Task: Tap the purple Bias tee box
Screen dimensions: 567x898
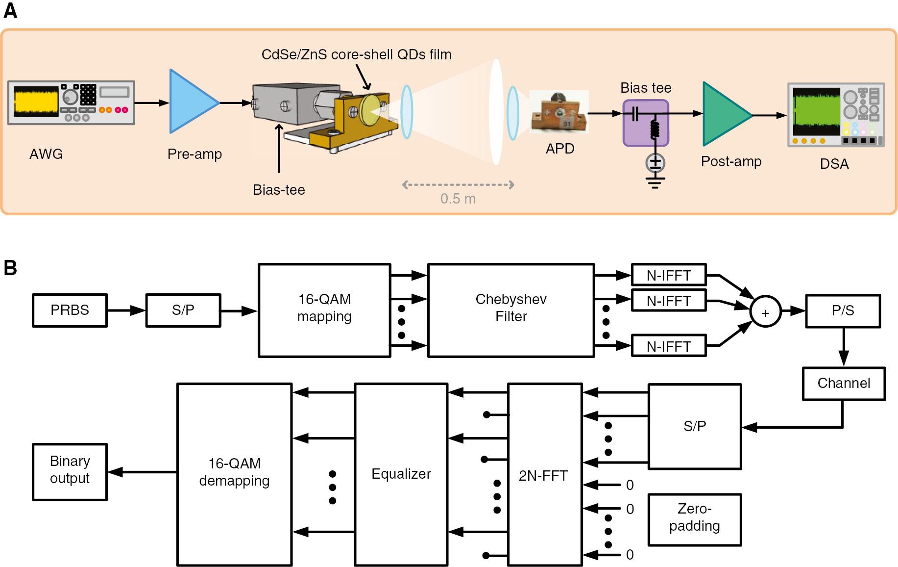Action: [645, 123]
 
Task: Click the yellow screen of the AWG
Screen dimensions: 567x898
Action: [35, 102]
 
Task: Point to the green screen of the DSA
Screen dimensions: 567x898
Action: [816, 112]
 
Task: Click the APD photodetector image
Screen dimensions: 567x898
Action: [560, 113]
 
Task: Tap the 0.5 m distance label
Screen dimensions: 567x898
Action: [458, 199]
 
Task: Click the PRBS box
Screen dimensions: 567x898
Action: [70, 310]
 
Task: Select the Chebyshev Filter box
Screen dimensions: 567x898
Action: [510, 310]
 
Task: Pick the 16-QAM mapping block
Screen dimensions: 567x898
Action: [324, 310]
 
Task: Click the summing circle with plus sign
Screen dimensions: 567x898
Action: [765, 312]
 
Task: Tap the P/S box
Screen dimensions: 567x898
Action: [842, 310]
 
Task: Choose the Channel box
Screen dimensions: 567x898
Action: [843, 383]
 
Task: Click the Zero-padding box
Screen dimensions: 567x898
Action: [694, 519]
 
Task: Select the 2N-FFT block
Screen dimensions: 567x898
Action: [544, 474]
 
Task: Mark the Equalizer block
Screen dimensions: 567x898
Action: [401, 474]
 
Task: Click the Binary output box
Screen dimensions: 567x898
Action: [70, 471]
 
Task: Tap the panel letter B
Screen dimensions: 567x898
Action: [10, 268]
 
